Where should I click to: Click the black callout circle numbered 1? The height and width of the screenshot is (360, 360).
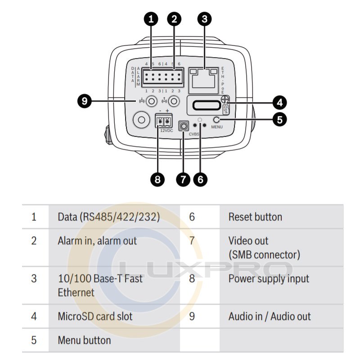coord(151,19)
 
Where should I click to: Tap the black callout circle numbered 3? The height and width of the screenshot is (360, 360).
coord(205,19)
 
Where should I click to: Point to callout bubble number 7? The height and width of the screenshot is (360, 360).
coord(183,179)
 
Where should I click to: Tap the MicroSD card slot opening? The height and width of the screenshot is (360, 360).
coord(205,106)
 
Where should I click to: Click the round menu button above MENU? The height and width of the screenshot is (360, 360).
coord(217,120)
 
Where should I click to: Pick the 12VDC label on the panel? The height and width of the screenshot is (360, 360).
coord(166,130)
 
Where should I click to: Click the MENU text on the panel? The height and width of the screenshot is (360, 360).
coord(217,127)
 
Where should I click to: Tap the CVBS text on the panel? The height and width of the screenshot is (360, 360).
coord(193,134)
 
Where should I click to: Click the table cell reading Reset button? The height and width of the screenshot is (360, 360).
coord(255,217)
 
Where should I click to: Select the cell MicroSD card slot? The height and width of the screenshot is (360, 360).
coord(95,316)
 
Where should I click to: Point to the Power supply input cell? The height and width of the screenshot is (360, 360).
coord(269,279)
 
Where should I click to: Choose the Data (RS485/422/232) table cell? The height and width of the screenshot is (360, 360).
coord(108,217)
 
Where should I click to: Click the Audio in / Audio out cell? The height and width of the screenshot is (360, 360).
coord(269,316)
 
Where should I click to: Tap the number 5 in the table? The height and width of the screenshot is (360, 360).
coord(34,340)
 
